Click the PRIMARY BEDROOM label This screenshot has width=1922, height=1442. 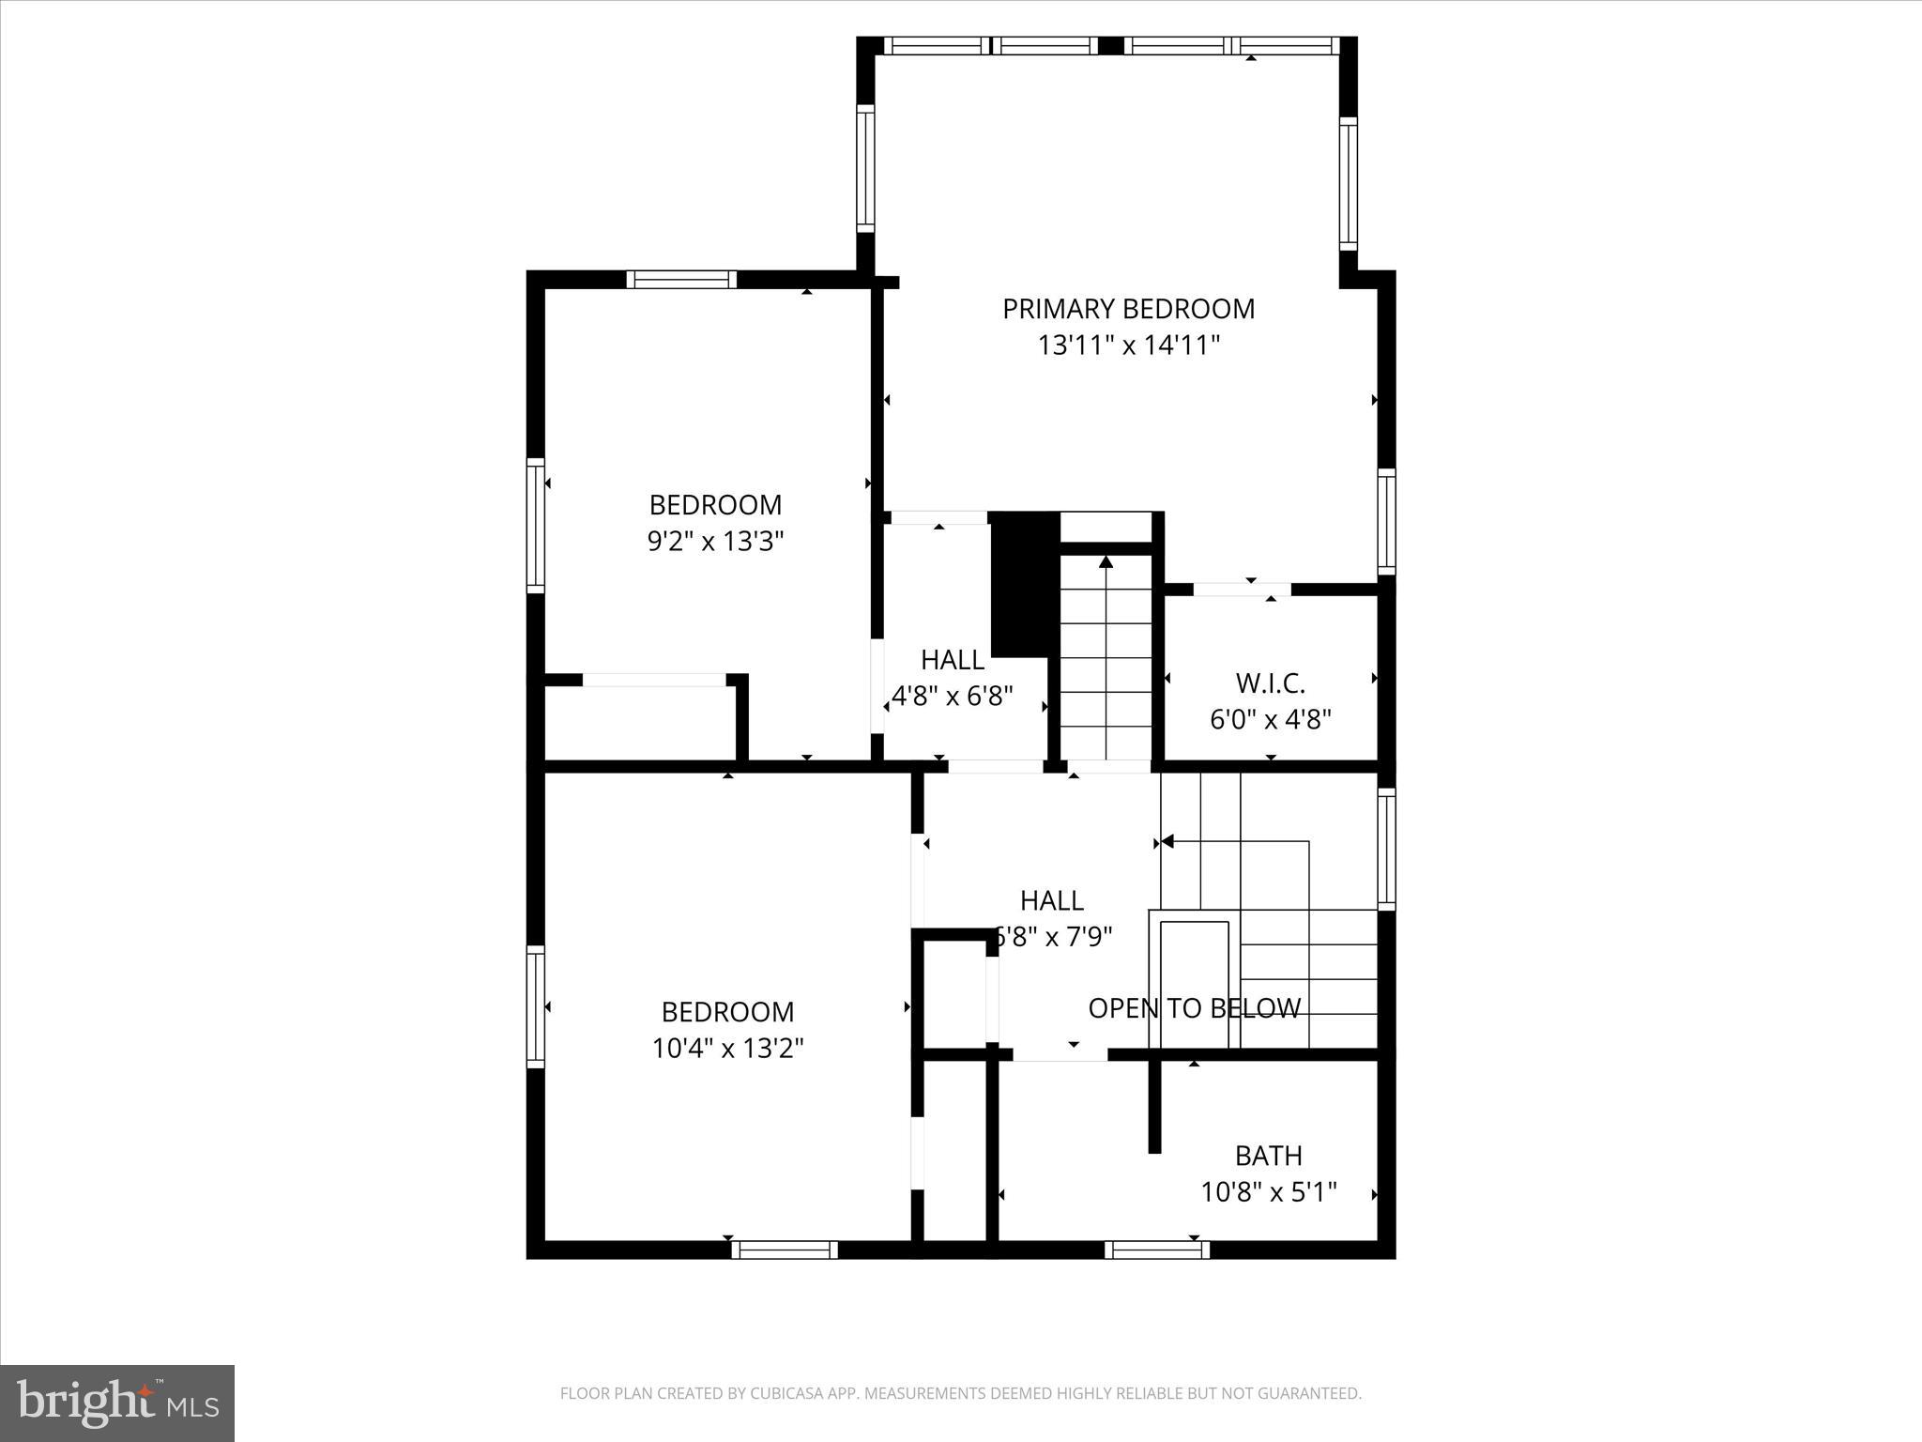pos(1128,309)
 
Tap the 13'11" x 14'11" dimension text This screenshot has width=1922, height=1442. pos(1128,345)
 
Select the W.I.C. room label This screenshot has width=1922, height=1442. pos(1271,683)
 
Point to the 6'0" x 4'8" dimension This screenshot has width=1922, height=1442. pos(1271,720)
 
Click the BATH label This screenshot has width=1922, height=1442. pos(1268,1156)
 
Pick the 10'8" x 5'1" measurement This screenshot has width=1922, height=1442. pos(1268,1192)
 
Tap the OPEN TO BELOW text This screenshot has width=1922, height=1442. pos(1194,1008)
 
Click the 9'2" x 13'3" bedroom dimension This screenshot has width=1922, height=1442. pos(715,542)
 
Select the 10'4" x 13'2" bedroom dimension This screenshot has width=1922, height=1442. pos(727,1048)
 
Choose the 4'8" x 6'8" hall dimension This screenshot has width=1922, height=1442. pos(953,697)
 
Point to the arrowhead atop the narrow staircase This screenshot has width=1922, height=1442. pos(1106,562)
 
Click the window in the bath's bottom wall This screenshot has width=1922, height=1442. pos(1156,1250)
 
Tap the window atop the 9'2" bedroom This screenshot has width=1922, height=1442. pos(681,279)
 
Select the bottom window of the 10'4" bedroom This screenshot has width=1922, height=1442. pos(784,1250)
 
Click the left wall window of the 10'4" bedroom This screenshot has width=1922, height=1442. pos(535,1006)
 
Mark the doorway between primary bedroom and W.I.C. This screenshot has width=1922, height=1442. pos(1241,590)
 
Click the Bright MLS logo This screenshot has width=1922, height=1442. pos(117,1404)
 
